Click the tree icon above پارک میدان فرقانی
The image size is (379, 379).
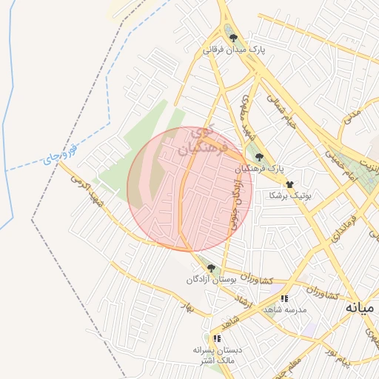[233, 38]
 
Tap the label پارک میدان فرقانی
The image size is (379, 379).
[234, 50]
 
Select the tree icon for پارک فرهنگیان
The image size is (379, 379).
[259, 157]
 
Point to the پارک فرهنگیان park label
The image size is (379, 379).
[259, 169]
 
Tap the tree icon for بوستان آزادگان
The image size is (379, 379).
[211, 268]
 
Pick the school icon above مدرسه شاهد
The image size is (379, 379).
[284, 298]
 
